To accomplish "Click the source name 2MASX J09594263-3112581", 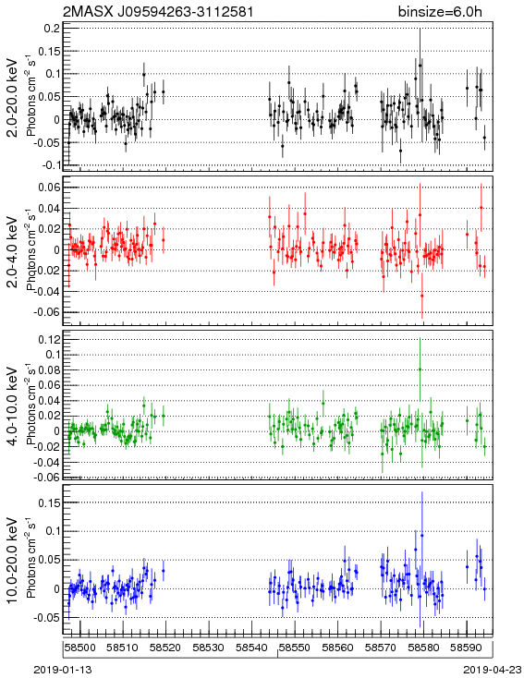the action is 158,11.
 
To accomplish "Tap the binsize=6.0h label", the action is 440,11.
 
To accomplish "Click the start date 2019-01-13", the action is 63,670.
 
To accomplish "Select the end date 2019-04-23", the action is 493,670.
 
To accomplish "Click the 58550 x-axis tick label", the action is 295,648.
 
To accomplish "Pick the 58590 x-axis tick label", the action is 467,648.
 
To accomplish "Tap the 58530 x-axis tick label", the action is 209,648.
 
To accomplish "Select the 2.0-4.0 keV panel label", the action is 13,251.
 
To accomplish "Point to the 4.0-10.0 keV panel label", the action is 13,406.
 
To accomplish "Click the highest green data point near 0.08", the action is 420,369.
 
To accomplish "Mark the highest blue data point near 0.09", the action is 422,536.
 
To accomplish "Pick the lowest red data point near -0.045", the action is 422,297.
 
